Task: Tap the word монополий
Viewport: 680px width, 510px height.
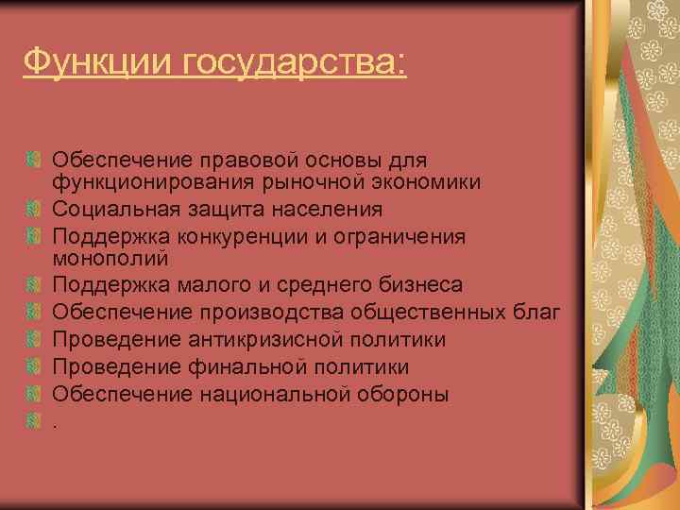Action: coord(110,258)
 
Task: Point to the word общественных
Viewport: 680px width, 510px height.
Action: coord(433,312)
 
